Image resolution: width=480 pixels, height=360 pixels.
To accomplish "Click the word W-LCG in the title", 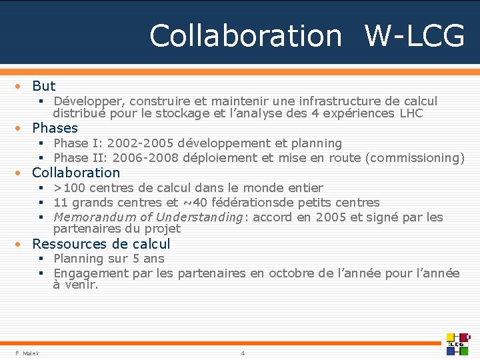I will coord(414,36).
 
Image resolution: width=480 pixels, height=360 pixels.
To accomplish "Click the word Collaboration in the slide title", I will coord(245,36).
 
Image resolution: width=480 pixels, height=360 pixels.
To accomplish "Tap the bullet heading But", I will coord(44,86).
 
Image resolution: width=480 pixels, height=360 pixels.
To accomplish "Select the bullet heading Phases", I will coord(55,128).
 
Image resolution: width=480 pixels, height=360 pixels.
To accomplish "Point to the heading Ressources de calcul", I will coord(101,244).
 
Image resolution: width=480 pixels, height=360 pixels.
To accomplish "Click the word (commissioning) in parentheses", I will coord(416,158).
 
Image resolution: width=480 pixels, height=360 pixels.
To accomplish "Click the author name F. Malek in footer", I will coord(27,353).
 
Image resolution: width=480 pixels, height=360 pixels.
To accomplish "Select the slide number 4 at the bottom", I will coord(243,353).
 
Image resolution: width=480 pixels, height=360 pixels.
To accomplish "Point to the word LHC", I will coord(411,113).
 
